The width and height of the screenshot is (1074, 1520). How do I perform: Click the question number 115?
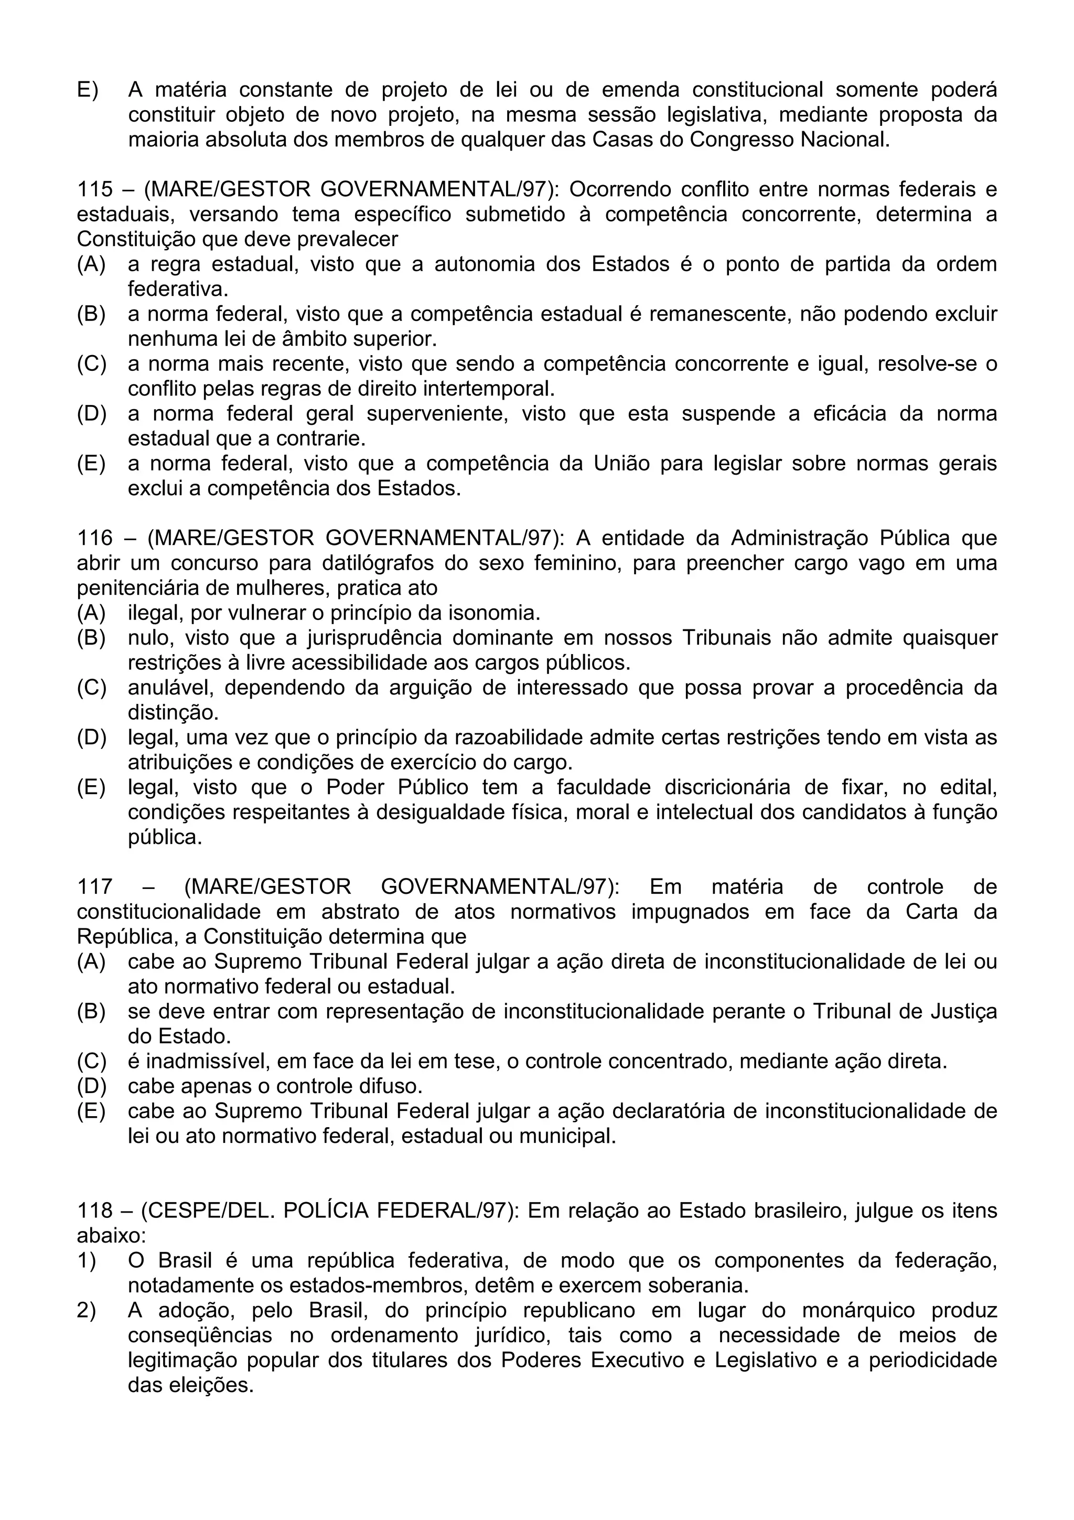coord(94,189)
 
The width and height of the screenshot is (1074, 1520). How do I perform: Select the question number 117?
coord(94,886)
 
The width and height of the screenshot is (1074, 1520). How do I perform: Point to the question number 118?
coord(94,1211)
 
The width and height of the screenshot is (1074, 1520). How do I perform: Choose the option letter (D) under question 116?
coord(91,737)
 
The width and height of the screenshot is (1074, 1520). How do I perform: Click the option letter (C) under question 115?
coord(91,364)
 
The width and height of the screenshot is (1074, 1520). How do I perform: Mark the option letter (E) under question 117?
coord(91,1111)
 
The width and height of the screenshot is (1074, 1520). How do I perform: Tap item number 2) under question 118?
coord(87,1311)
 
